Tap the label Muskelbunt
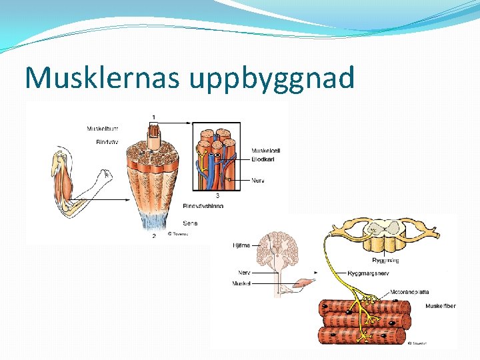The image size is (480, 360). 103,129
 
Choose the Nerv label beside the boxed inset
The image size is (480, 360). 258,180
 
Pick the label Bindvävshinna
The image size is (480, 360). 203,206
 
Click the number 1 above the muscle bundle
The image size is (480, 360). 154,117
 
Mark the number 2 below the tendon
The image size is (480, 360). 154,236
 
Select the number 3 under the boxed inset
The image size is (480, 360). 217,195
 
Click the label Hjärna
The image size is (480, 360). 241,245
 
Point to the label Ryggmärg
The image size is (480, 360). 385,260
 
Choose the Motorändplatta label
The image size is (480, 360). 410,292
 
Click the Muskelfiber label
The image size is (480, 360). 441,306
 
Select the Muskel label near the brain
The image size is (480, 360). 241,283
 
